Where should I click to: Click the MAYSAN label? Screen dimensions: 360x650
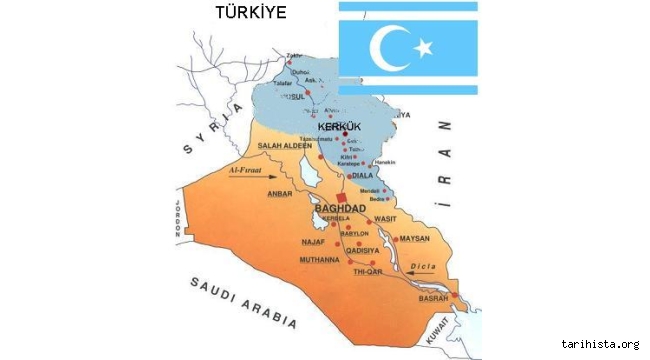413,239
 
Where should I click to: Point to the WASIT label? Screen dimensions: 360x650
385,219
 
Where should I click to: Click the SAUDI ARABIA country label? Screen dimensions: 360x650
243,301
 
